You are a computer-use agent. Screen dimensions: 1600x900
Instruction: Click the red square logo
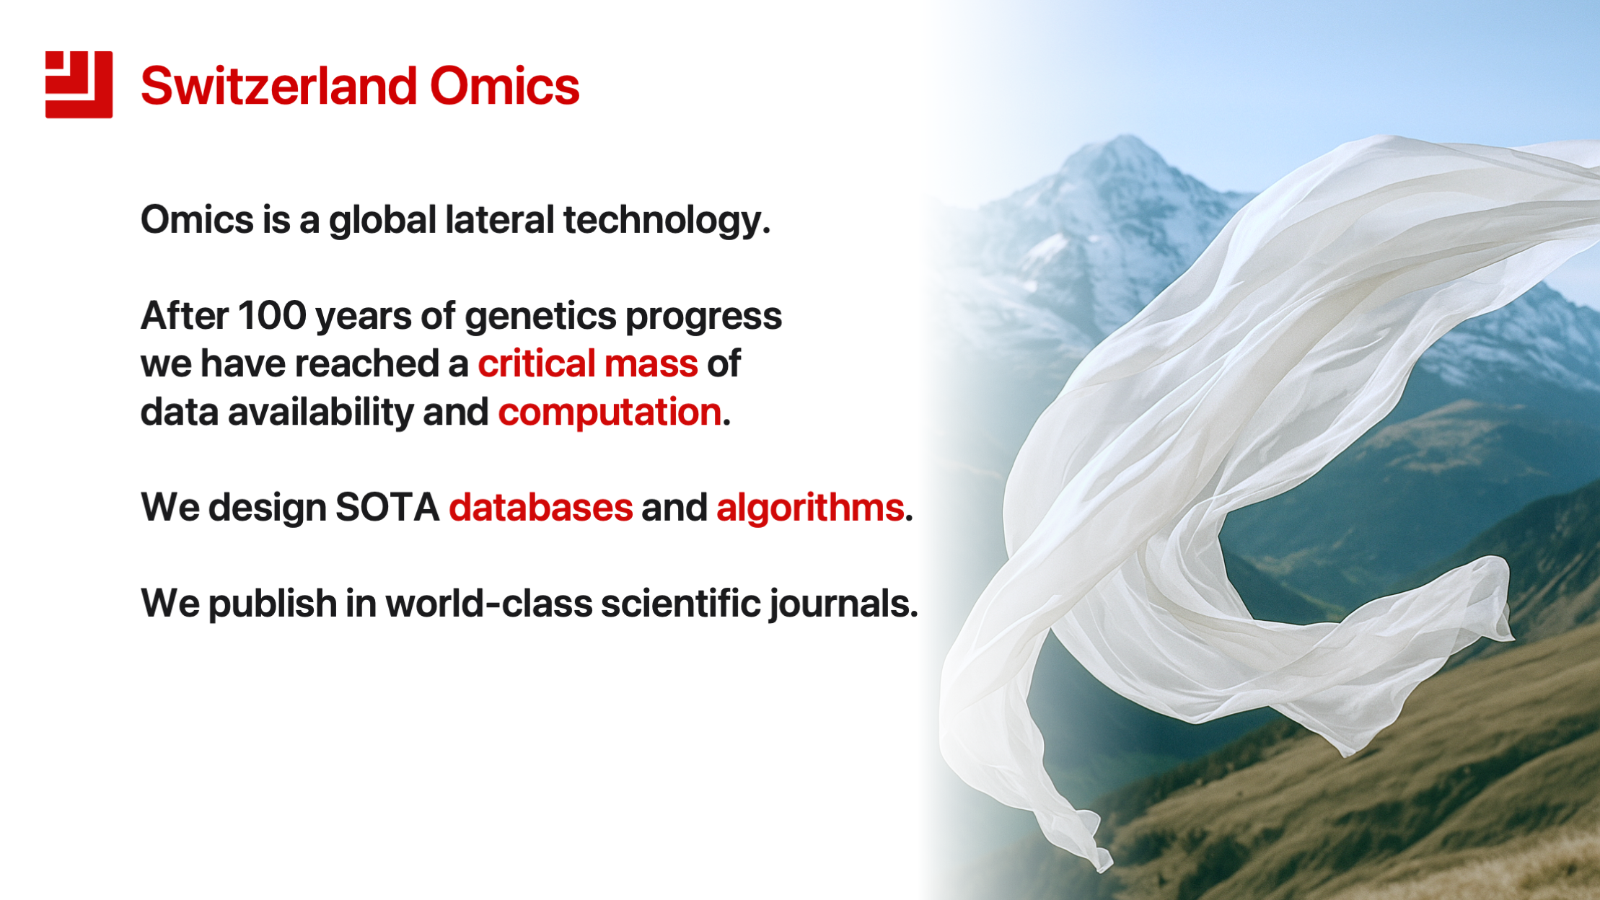pyautogui.click(x=79, y=84)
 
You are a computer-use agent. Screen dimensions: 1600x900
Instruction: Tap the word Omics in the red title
pyautogui.click(x=505, y=86)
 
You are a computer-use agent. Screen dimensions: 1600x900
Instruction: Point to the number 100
pyautogui.click(x=272, y=316)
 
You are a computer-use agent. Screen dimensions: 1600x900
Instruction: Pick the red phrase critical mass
pyautogui.click(x=588, y=363)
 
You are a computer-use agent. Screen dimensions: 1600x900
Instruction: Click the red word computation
pyautogui.click(x=610, y=412)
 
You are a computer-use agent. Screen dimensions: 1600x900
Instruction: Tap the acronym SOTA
pyautogui.click(x=387, y=507)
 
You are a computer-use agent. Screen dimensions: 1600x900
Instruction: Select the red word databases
pyautogui.click(x=541, y=507)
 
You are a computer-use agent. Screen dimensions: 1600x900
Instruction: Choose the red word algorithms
pyautogui.click(x=810, y=507)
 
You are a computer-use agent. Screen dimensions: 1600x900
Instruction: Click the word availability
pyautogui.click(x=320, y=412)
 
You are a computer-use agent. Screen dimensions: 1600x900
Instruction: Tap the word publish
pyautogui.click(x=273, y=604)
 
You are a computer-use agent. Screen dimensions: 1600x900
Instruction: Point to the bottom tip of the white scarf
pyautogui.click(x=1103, y=868)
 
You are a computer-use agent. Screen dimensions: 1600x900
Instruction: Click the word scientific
pyautogui.click(x=680, y=603)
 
